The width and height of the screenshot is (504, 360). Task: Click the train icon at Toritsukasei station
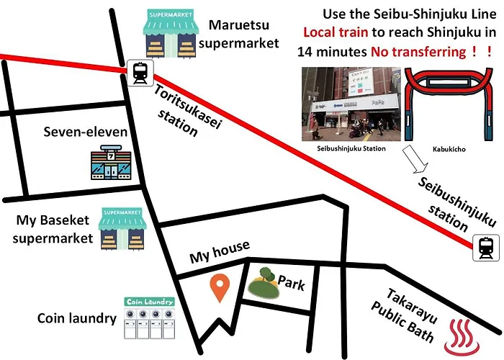click(140, 73)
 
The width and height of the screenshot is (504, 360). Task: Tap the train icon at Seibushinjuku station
click(486, 248)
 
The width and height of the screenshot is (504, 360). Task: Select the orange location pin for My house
click(220, 288)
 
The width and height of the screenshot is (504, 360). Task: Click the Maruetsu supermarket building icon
click(171, 34)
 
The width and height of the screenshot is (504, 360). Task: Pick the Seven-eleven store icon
click(111, 162)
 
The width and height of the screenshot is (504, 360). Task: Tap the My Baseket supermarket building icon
click(122, 228)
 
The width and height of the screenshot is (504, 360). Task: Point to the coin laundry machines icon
click(150, 318)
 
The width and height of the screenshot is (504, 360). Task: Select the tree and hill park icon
click(264, 283)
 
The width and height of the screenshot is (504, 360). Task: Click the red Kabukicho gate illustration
click(448, 104)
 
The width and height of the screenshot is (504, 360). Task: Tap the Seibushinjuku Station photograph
click(351, 104)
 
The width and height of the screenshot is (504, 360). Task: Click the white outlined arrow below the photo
click(415, 159)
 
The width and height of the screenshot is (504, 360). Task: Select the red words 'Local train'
click(336, 32)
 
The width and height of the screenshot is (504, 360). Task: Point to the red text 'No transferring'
click(418, 52)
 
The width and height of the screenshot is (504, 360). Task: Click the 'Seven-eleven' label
click(86, 132)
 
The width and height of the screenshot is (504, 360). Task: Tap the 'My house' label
click(220, 252)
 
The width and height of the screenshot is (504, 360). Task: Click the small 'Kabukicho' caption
click(449, 149)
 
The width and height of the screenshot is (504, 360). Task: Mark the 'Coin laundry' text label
click(77, 318)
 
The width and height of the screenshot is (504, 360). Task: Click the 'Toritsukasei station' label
click(188, 111)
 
